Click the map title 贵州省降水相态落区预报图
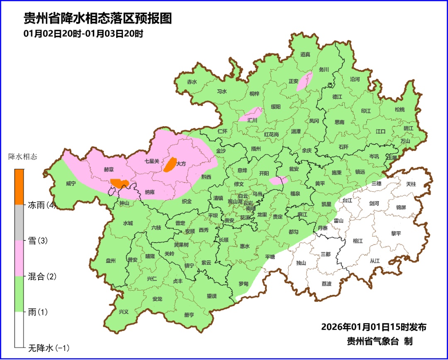[97, 19]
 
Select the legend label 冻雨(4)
[42, 205]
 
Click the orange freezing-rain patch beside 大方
[170, 164]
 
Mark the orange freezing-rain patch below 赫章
[119, 183]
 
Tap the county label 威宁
[71, 184]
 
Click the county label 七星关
[152, 161]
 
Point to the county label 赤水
[192, 82]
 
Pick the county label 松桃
[399, 110]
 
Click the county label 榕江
[358, 241]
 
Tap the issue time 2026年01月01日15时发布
[374, 327]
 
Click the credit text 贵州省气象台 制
[380, 341]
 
